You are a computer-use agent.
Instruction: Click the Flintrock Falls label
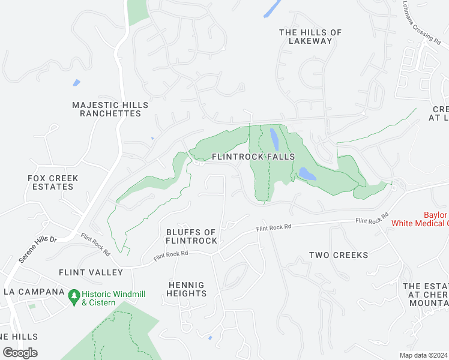coord(253,157)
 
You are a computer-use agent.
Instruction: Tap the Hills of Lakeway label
coord(310,37)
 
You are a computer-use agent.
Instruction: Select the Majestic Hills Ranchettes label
coord(110,109)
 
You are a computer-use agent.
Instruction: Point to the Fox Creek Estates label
coord(50,182)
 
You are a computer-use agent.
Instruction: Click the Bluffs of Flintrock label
coord(191,236)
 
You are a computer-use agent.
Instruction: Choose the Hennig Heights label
coord(187,289)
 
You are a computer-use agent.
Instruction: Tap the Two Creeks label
coord(339,255)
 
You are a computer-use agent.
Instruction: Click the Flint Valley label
coord(91,272)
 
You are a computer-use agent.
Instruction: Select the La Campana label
coord(34,292)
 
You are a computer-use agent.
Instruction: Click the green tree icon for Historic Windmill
coord(74,295)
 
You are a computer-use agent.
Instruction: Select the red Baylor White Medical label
coord(420,219)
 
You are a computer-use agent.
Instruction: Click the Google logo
coord(20,353)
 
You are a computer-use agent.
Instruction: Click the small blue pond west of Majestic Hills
coord(76,83)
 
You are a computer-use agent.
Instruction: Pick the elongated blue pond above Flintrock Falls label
coord(274,139)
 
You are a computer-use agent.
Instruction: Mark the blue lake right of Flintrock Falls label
coord(307,174)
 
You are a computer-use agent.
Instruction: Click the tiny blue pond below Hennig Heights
coord(209,338)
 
